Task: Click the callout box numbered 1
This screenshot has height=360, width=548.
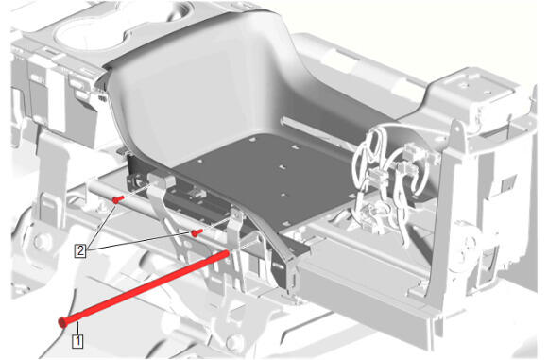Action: (x=77, y=341)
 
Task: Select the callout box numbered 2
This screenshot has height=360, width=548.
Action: (x=80, y=250)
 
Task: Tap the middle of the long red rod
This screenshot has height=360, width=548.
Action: (x=144, y=288)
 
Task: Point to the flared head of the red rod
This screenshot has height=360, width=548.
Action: (x=62, y=321)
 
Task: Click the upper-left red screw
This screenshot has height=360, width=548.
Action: (x=118, y=199)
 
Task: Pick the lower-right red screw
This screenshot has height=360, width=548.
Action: (x=197, y=232)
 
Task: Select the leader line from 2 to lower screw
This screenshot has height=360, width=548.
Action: (x=140, y=242)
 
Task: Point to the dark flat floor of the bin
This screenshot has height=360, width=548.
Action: (x=265, y=175)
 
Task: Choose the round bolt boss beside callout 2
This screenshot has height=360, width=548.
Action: (x=41, y=241)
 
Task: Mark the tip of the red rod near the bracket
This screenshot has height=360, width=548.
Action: (x=228, y=252)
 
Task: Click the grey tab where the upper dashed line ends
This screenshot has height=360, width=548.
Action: (x=162, y=180)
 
